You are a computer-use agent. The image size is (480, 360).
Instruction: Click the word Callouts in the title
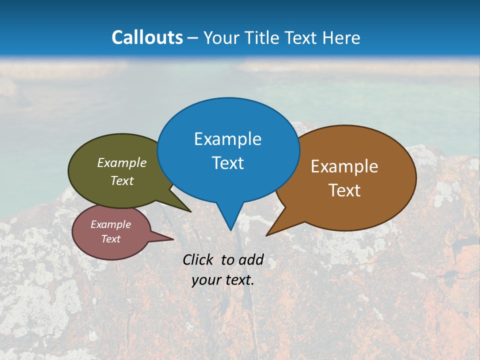tap(147, 37)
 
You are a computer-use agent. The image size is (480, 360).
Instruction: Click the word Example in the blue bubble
tap(228, 139)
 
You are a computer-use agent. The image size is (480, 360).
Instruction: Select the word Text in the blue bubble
tap(228, 163)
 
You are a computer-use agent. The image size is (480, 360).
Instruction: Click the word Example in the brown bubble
tap(344, 166)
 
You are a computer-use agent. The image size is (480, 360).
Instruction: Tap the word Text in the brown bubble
tap(345, 190)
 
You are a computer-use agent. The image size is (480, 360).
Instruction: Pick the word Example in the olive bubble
tap(122, 163)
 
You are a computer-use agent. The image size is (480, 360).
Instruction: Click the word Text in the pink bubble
tap(111, 239)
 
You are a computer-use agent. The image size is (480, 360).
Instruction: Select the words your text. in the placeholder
tap(223, 280)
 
